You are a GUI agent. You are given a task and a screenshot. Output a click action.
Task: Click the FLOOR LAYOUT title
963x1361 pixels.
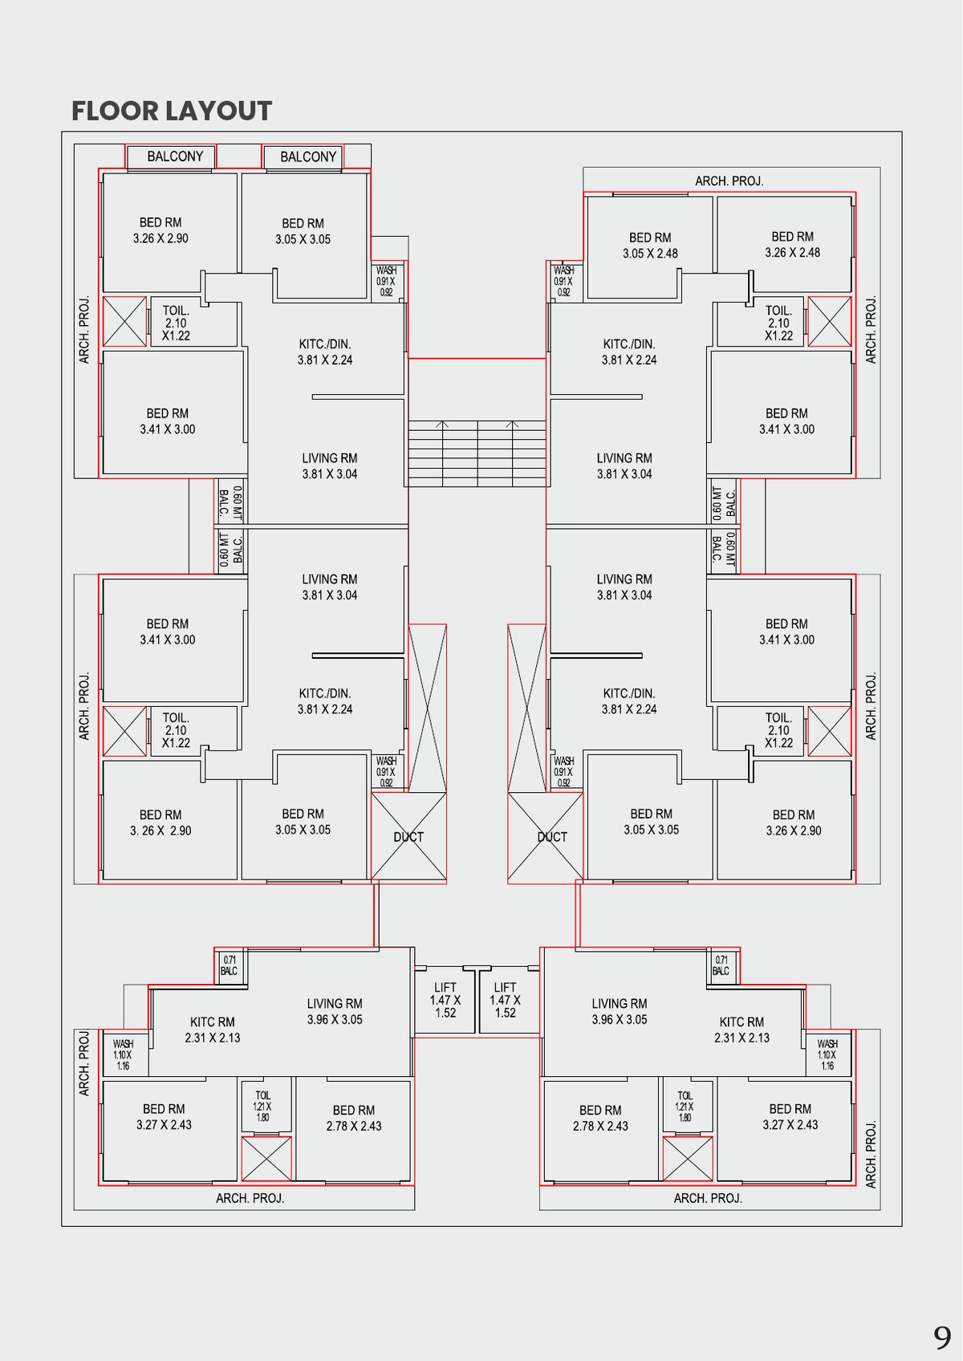click(x=172, y=111)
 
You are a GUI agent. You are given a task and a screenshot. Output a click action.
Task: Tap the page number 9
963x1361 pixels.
click(x=942, y=1338)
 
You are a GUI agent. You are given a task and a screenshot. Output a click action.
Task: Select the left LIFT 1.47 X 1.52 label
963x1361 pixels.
click(x=445, y=1000)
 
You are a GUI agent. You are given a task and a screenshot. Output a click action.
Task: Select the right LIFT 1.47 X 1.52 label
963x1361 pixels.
click(x=506, y=1000)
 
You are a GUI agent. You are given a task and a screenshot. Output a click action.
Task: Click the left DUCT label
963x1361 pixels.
click(x=408, y=837)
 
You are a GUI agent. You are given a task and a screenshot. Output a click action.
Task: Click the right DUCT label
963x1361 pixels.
click(x=552, y=837)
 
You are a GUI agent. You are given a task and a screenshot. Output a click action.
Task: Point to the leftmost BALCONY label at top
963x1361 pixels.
click(x=175, y=156)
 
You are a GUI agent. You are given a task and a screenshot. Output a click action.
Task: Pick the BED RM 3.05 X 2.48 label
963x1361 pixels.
click(x=650, y=246)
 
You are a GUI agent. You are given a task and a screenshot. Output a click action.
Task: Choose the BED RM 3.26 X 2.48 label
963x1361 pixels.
click(x=792, y=245)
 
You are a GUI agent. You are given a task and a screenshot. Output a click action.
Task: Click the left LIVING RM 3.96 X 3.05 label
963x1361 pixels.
click(x=335, y=1011)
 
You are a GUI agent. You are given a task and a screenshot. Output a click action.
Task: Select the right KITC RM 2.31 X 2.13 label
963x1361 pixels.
click(x=742, y=1030)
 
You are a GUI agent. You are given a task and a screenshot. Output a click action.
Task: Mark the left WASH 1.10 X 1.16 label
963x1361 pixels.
click(x=123, y=1054)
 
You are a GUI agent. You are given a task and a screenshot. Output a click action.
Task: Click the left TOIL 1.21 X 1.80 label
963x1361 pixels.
click(x=262, y=1105)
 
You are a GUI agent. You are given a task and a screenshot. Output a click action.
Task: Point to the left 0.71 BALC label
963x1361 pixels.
click(x=230, y=965)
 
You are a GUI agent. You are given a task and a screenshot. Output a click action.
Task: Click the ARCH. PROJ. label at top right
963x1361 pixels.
click(x=729, y=181)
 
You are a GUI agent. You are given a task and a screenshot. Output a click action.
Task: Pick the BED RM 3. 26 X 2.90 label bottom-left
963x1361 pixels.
click(x=160, y=823)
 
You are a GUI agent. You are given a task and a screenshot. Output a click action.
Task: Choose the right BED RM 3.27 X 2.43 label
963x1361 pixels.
click(x=790, y=1116)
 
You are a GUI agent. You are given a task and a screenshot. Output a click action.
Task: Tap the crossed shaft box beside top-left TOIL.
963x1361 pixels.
click(x=125, y=321)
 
